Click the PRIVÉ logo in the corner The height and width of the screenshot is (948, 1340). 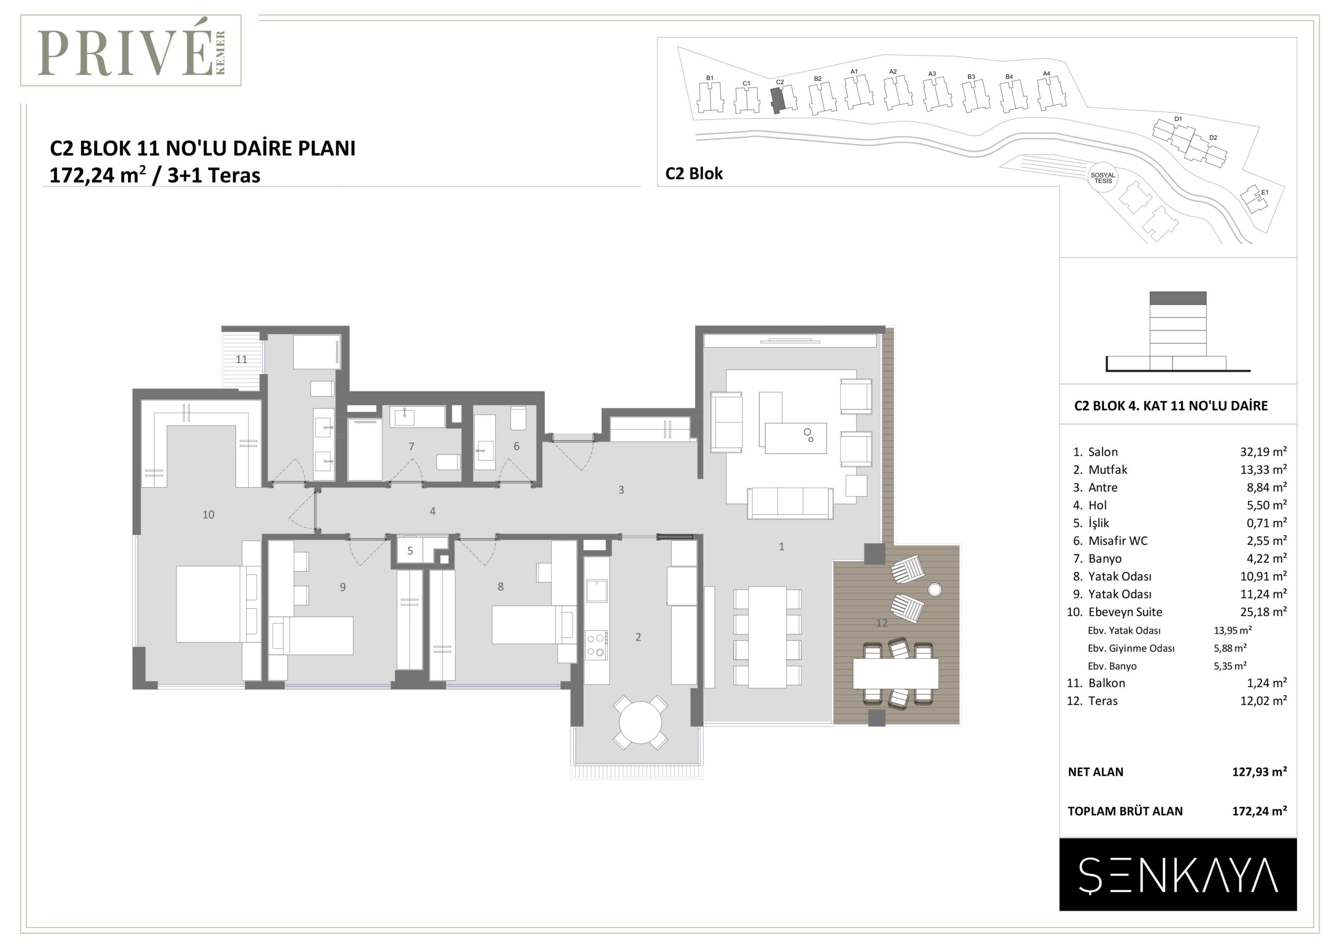[131, 51]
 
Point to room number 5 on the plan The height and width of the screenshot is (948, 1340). [410, 551]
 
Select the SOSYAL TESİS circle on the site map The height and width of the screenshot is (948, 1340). [1103, 178]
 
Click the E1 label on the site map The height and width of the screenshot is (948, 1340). [1265, 192]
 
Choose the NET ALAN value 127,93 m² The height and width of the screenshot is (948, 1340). [1259, 772]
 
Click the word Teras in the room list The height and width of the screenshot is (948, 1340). [1103, 701]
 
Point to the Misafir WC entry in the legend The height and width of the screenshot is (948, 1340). [1118, 541]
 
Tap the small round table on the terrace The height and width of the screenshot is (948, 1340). [934, 589]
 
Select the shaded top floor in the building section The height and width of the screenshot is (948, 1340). [1178, 298]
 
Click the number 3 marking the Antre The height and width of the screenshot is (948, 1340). [621, 490]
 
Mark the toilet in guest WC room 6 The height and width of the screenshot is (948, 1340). [518, 418]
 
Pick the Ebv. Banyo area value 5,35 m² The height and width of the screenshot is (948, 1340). [1230, 666]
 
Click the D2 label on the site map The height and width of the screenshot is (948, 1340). [1213, 138]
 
